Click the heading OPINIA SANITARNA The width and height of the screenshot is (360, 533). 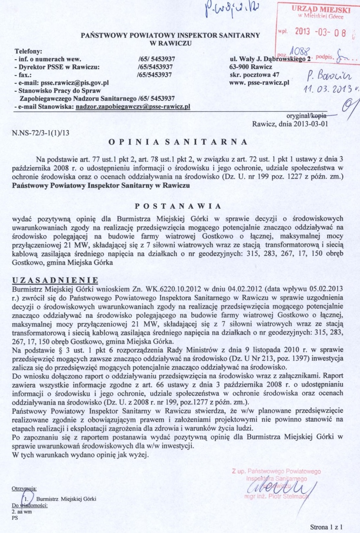point(178,142)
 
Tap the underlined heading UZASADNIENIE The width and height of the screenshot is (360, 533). point(55,280)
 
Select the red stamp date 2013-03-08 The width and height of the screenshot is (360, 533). point(320,32)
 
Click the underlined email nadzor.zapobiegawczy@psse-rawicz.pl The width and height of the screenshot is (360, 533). point(133,107)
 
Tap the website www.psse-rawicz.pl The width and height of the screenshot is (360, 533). point(259,82)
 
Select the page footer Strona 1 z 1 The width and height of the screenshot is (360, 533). point(327,527)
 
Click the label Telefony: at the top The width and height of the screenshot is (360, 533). point(28,52)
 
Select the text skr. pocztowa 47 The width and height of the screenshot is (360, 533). point(254,75)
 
